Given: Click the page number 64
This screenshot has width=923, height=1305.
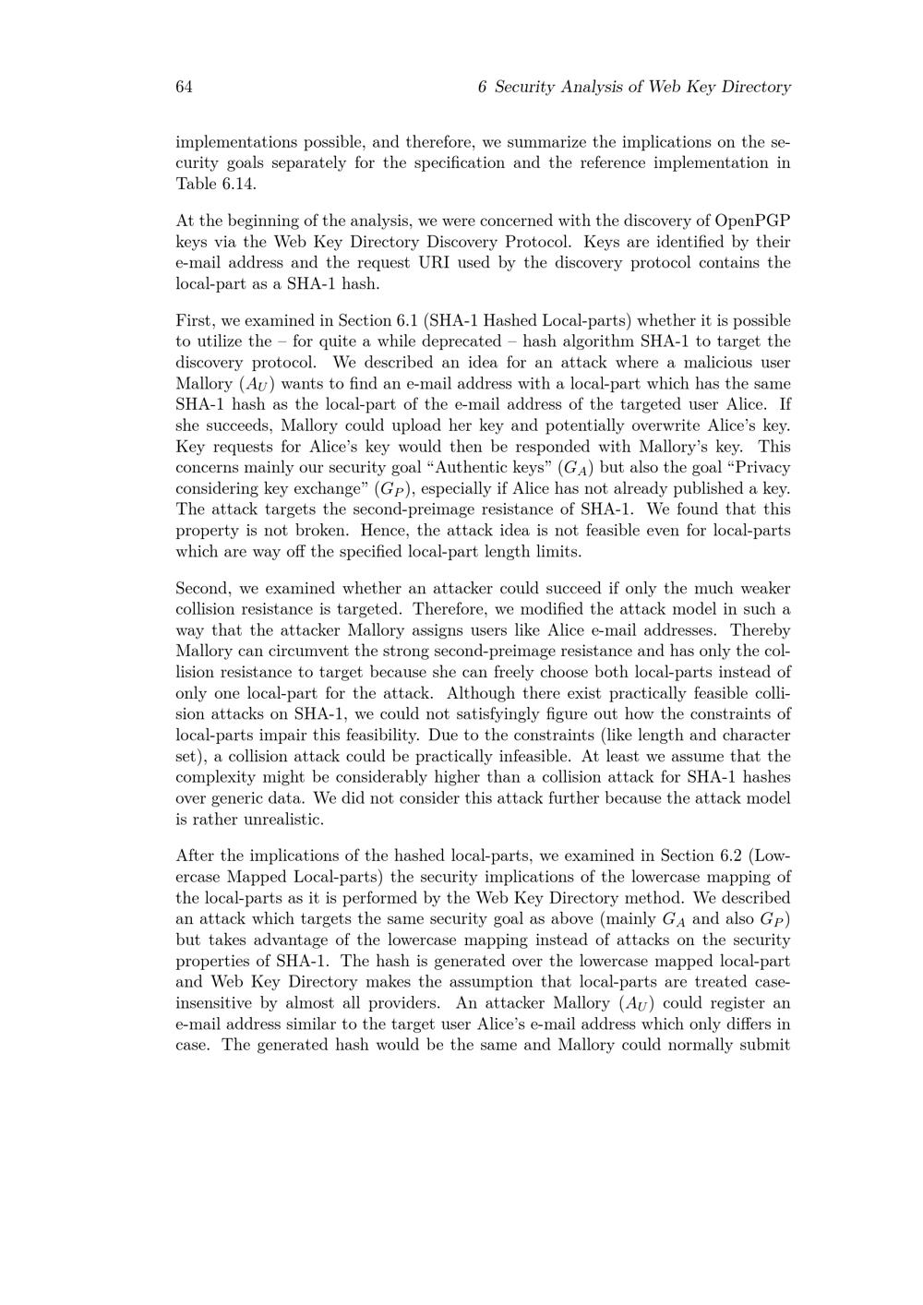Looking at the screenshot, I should point(184,87).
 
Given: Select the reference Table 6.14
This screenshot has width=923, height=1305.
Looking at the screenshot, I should point(216,184).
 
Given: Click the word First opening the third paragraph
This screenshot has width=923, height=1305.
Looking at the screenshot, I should point(194,320).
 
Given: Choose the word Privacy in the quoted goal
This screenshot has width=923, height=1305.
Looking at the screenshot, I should point(759,468).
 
